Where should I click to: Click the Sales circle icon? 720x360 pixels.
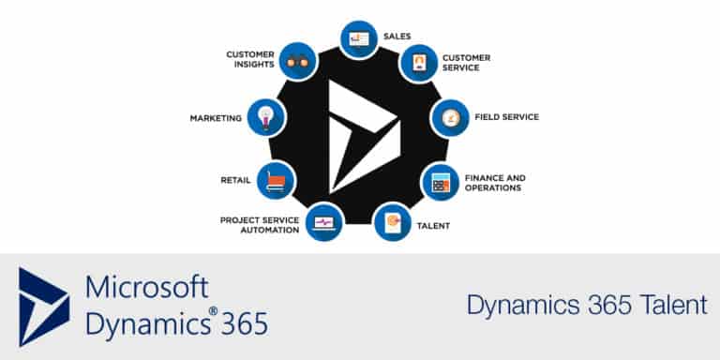[359, 39]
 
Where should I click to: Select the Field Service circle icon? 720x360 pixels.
[450, 119]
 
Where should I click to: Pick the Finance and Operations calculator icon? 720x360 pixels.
[440, 182]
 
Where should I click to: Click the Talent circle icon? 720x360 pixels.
[392, 223]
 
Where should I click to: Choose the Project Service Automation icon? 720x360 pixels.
[324, 222]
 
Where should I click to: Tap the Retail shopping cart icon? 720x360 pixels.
[276, 180]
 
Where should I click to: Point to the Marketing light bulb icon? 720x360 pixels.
[266, 118]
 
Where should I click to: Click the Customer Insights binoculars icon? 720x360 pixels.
[298, 61]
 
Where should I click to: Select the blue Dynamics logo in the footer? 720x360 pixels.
[43, 307]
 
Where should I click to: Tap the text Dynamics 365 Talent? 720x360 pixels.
[587, 305]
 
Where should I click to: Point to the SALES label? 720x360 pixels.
[397, 37]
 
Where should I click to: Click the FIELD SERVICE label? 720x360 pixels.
[506, 117]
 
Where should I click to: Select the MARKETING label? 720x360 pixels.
[216, 118]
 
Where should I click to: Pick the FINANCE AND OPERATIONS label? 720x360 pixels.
[495, 182]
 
